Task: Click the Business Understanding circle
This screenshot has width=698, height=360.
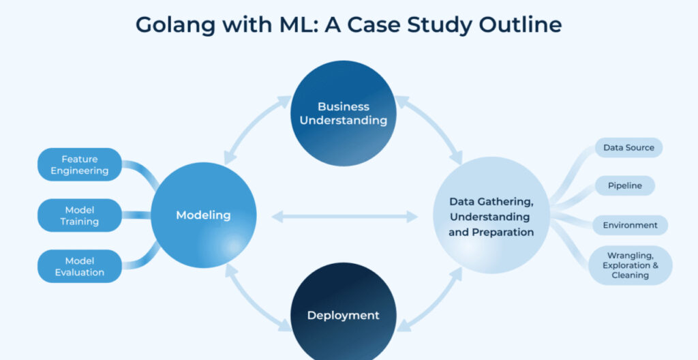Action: click(343, 113)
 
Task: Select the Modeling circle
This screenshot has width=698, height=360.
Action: click(203, 215)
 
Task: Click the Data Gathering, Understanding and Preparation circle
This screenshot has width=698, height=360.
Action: click(491, 215)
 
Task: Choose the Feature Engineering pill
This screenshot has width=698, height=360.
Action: click(79, 164)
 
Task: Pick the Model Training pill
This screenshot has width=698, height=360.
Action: click(79, 215)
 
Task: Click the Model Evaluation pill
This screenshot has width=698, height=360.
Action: click(79, 266)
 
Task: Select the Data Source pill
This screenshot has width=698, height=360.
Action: click(628, 147)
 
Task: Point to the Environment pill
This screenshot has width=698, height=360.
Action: click(630, 225)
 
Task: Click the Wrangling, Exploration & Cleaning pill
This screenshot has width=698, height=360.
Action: click(630, 265)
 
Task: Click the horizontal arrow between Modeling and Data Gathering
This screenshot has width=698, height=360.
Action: click(344, 217)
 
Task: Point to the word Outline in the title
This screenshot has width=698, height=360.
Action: click(519, 25)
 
